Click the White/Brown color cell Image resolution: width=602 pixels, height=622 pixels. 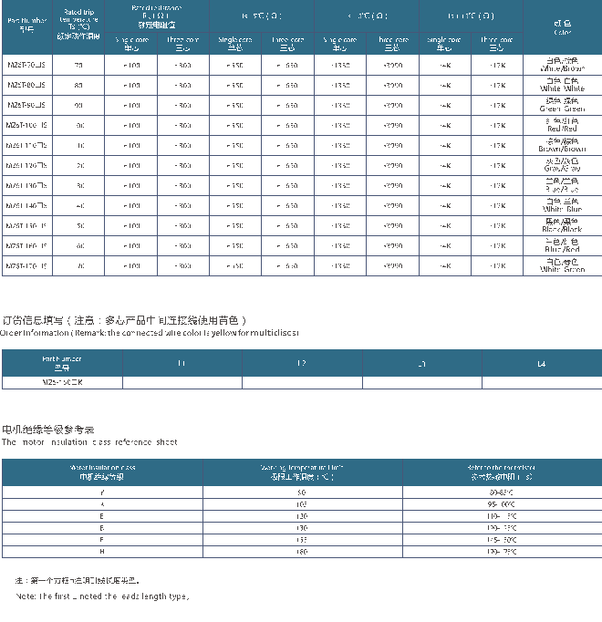563,65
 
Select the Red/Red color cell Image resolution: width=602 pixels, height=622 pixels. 563,125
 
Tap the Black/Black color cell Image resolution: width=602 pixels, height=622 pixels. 563,225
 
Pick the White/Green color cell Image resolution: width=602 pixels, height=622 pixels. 563,265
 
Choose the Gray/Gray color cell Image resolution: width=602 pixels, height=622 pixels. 563,165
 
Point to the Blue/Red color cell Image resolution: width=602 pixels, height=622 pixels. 563,245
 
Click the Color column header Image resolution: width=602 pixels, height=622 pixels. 563,28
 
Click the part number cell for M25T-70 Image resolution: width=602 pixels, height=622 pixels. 26,65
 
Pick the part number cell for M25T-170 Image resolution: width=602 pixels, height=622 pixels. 26,265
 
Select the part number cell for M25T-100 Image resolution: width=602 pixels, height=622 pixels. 26,125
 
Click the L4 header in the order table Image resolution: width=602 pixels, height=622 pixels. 542,363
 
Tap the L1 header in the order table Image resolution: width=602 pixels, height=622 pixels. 182,363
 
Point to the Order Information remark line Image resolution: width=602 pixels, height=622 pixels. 150,333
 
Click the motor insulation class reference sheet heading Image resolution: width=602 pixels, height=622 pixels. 89,441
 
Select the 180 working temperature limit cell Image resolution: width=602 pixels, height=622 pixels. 302,551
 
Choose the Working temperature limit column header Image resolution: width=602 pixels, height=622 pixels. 302,472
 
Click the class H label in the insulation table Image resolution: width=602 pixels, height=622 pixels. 101,551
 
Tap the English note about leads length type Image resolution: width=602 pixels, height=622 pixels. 102,596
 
